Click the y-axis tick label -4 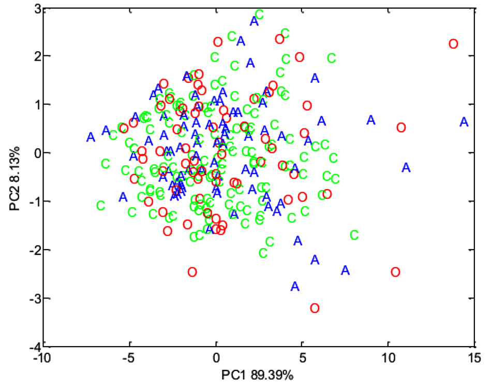[x=34, y=346]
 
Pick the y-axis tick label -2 [x=34, y=250]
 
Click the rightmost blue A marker [x=464, y=122]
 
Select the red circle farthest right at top [x=453, y=44]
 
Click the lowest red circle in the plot [x=315, y=308]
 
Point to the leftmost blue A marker [x=91, y=137]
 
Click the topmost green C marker [x=260, y=15]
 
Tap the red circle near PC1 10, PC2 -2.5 [x=396, y=272]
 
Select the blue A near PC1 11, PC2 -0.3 [x=406, y=167]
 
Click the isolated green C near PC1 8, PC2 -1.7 [x=354, y=235]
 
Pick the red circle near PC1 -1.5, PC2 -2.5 [x=192, y=272]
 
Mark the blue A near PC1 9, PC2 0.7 [x=371, y=120]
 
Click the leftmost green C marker [x=101, y=206]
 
